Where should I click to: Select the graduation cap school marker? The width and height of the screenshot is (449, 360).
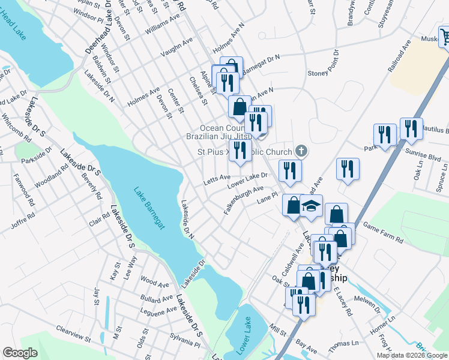pyautogui.click(x=312, y=207)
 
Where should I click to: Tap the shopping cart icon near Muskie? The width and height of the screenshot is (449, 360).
pyautogui.click(x=445, y=38)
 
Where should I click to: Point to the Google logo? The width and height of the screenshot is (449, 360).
pyautogui.click(x=20, y=353)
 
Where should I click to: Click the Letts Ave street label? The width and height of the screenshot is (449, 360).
pyautogui.click(x=217, y=178)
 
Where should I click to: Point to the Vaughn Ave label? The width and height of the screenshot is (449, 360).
pyautogui.click(x=176, y=52)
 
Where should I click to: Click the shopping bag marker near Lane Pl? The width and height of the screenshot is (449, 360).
pyautogui.click(x=292, y=205)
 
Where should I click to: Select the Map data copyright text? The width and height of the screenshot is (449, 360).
pyautogui.click(x=411, y=355)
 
